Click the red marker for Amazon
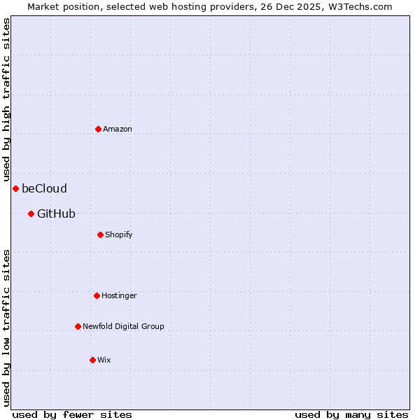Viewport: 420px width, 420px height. coord(98,129)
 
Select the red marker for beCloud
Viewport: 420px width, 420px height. coord(15,188)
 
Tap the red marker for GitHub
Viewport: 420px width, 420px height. coord(31,213)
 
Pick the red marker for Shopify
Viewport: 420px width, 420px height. coord(100,234)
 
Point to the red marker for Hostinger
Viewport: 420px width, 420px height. coord(97,295)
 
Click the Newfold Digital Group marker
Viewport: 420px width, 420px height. coord(78,326)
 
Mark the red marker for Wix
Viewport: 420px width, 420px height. coord(92,360)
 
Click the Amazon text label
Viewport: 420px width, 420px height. coord(118,129)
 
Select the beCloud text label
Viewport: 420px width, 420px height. coord(44,188)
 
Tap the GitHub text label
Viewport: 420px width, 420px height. coord(56,213)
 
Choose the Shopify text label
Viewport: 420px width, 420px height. coord(119,234)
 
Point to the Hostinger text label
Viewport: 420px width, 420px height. coord(119,295)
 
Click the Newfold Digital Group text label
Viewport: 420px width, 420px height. coord(123,326)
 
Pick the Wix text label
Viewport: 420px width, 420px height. coord(104,360)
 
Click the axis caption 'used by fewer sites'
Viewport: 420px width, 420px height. coord(72,415)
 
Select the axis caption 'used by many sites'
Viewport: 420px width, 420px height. coord(351,415)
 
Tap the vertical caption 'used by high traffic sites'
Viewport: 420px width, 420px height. coord(6,99)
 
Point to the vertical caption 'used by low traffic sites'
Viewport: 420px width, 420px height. coord(6,328)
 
